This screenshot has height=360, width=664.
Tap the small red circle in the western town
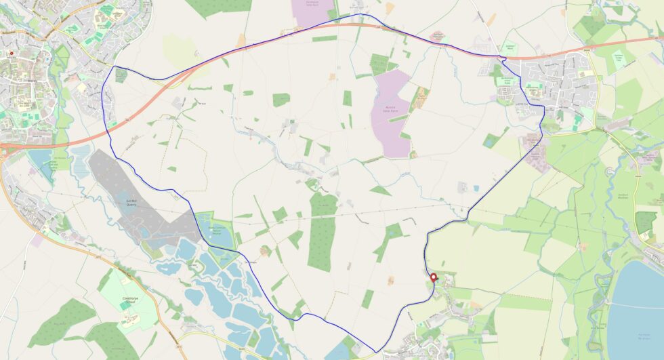[x=12, y=53]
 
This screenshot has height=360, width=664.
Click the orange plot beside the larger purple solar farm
[x=420, y=99]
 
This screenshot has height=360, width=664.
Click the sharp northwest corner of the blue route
[x=114, y=66]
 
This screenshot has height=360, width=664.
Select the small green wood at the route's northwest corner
[x=121, y=75]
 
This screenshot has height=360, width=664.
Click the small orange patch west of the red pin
[x=391, y=279]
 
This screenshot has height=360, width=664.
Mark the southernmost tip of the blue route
[x=375, y=352]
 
